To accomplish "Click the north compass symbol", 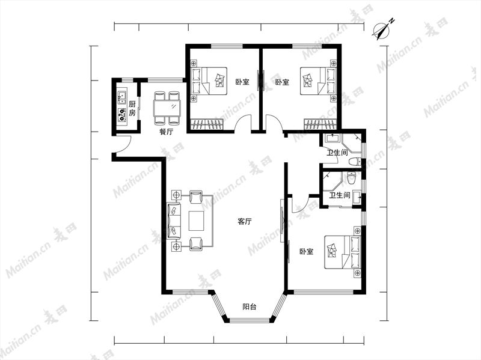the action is pos(382,31).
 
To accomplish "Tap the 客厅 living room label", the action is pos(245,221).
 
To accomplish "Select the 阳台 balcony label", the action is pos(250,307).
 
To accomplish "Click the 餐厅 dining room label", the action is pos(167,132).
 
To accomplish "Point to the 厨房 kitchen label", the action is pos(132,109).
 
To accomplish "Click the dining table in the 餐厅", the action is pos(167,108).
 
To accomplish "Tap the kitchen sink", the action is pos(122,96).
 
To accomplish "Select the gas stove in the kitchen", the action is pos(122,115).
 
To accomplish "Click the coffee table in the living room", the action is pos(197,221).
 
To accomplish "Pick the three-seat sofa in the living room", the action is pos(174,221).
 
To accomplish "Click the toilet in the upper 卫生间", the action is pos(355,161).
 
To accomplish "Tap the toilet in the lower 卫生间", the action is pos(351,178).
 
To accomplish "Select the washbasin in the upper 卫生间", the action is pos(331,138).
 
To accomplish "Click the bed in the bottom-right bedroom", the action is pos(343,252).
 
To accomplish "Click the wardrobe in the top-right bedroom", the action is pos(320,124).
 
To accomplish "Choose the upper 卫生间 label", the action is pos(337,153).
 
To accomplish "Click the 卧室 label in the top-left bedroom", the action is pos(242,82).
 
